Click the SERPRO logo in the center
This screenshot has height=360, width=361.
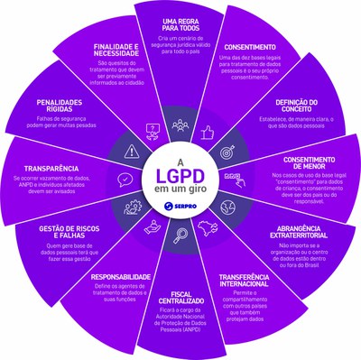181,207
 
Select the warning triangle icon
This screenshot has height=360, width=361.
133,151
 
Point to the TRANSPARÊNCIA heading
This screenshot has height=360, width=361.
48,168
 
